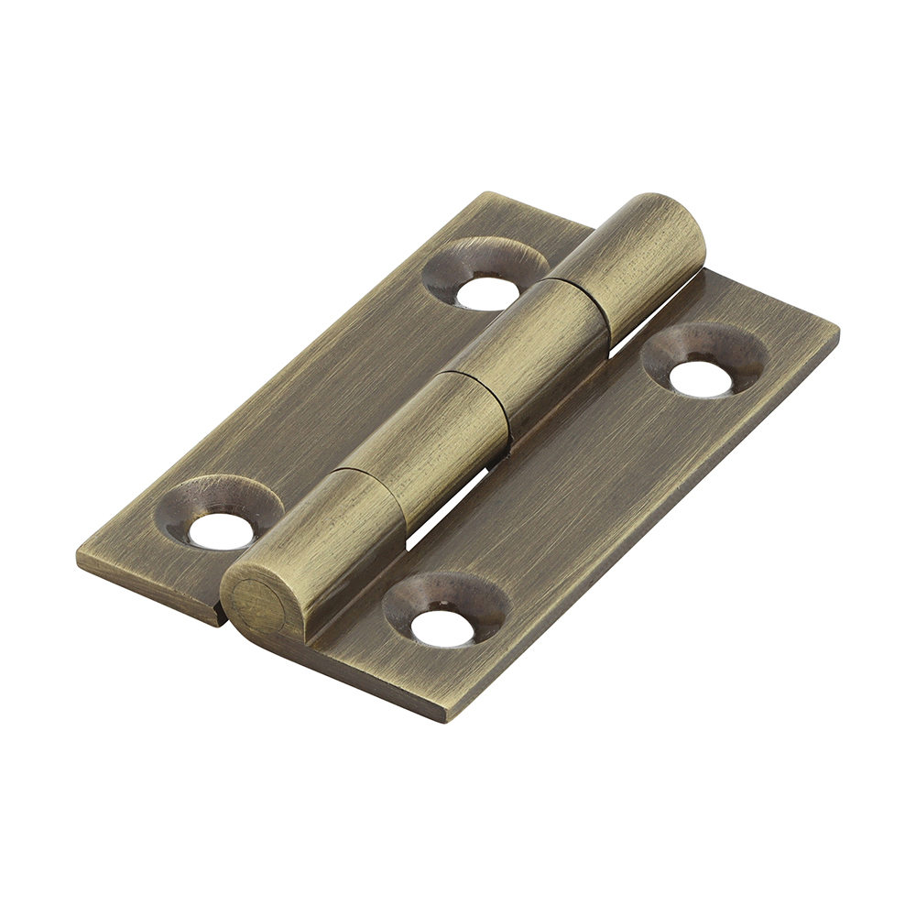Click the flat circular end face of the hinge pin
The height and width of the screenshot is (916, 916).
click(254, 602)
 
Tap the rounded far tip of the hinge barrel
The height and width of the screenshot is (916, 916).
click(682, 220)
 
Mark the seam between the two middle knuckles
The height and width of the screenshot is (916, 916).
click(476, 385)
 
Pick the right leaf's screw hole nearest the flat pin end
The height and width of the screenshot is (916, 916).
click(442, 627)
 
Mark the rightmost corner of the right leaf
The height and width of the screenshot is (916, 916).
click(836, 329)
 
